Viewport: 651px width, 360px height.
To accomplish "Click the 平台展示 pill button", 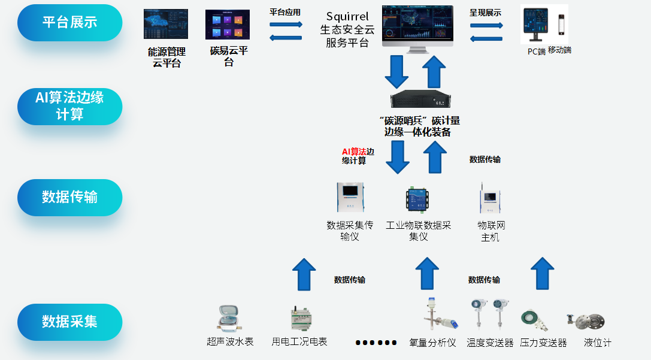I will pos(69,23).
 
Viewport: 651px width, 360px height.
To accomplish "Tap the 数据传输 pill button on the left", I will pos(69,197).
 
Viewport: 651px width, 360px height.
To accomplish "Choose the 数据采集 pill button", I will pos(69,322).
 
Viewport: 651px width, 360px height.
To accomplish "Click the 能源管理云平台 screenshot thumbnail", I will pos(166,24).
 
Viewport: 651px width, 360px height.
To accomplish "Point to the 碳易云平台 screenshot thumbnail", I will pos(228,25).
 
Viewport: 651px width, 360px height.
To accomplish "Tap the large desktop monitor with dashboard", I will pos(417,26).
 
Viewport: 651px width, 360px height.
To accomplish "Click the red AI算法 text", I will pos(353,152).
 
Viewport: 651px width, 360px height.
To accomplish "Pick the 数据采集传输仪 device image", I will pos(350,198).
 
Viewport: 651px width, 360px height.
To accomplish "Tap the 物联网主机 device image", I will pos(490,198).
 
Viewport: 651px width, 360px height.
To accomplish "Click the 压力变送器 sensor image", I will pos(532,319).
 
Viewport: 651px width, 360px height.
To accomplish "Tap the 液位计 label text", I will pos(598,343).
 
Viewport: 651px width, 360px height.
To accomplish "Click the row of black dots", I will pos(376,343).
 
